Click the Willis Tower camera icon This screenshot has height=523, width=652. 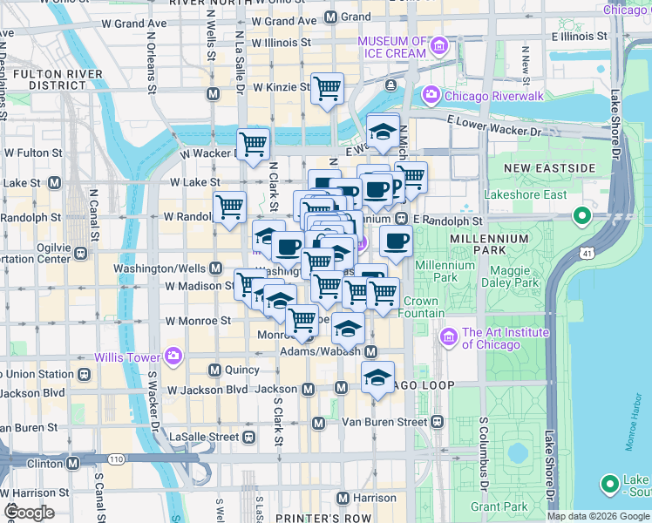tap(173, 357)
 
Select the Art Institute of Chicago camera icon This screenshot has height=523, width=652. tap(449, 336)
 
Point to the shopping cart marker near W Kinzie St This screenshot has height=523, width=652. tap(327, 88)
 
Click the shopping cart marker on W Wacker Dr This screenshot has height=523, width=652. tap(254, 143)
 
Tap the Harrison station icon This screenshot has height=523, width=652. tap(343, 498)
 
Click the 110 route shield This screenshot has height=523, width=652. tap(115, 458)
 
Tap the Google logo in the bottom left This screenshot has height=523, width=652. tap(29, 513)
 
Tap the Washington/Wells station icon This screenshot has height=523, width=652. tap(214, 268)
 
